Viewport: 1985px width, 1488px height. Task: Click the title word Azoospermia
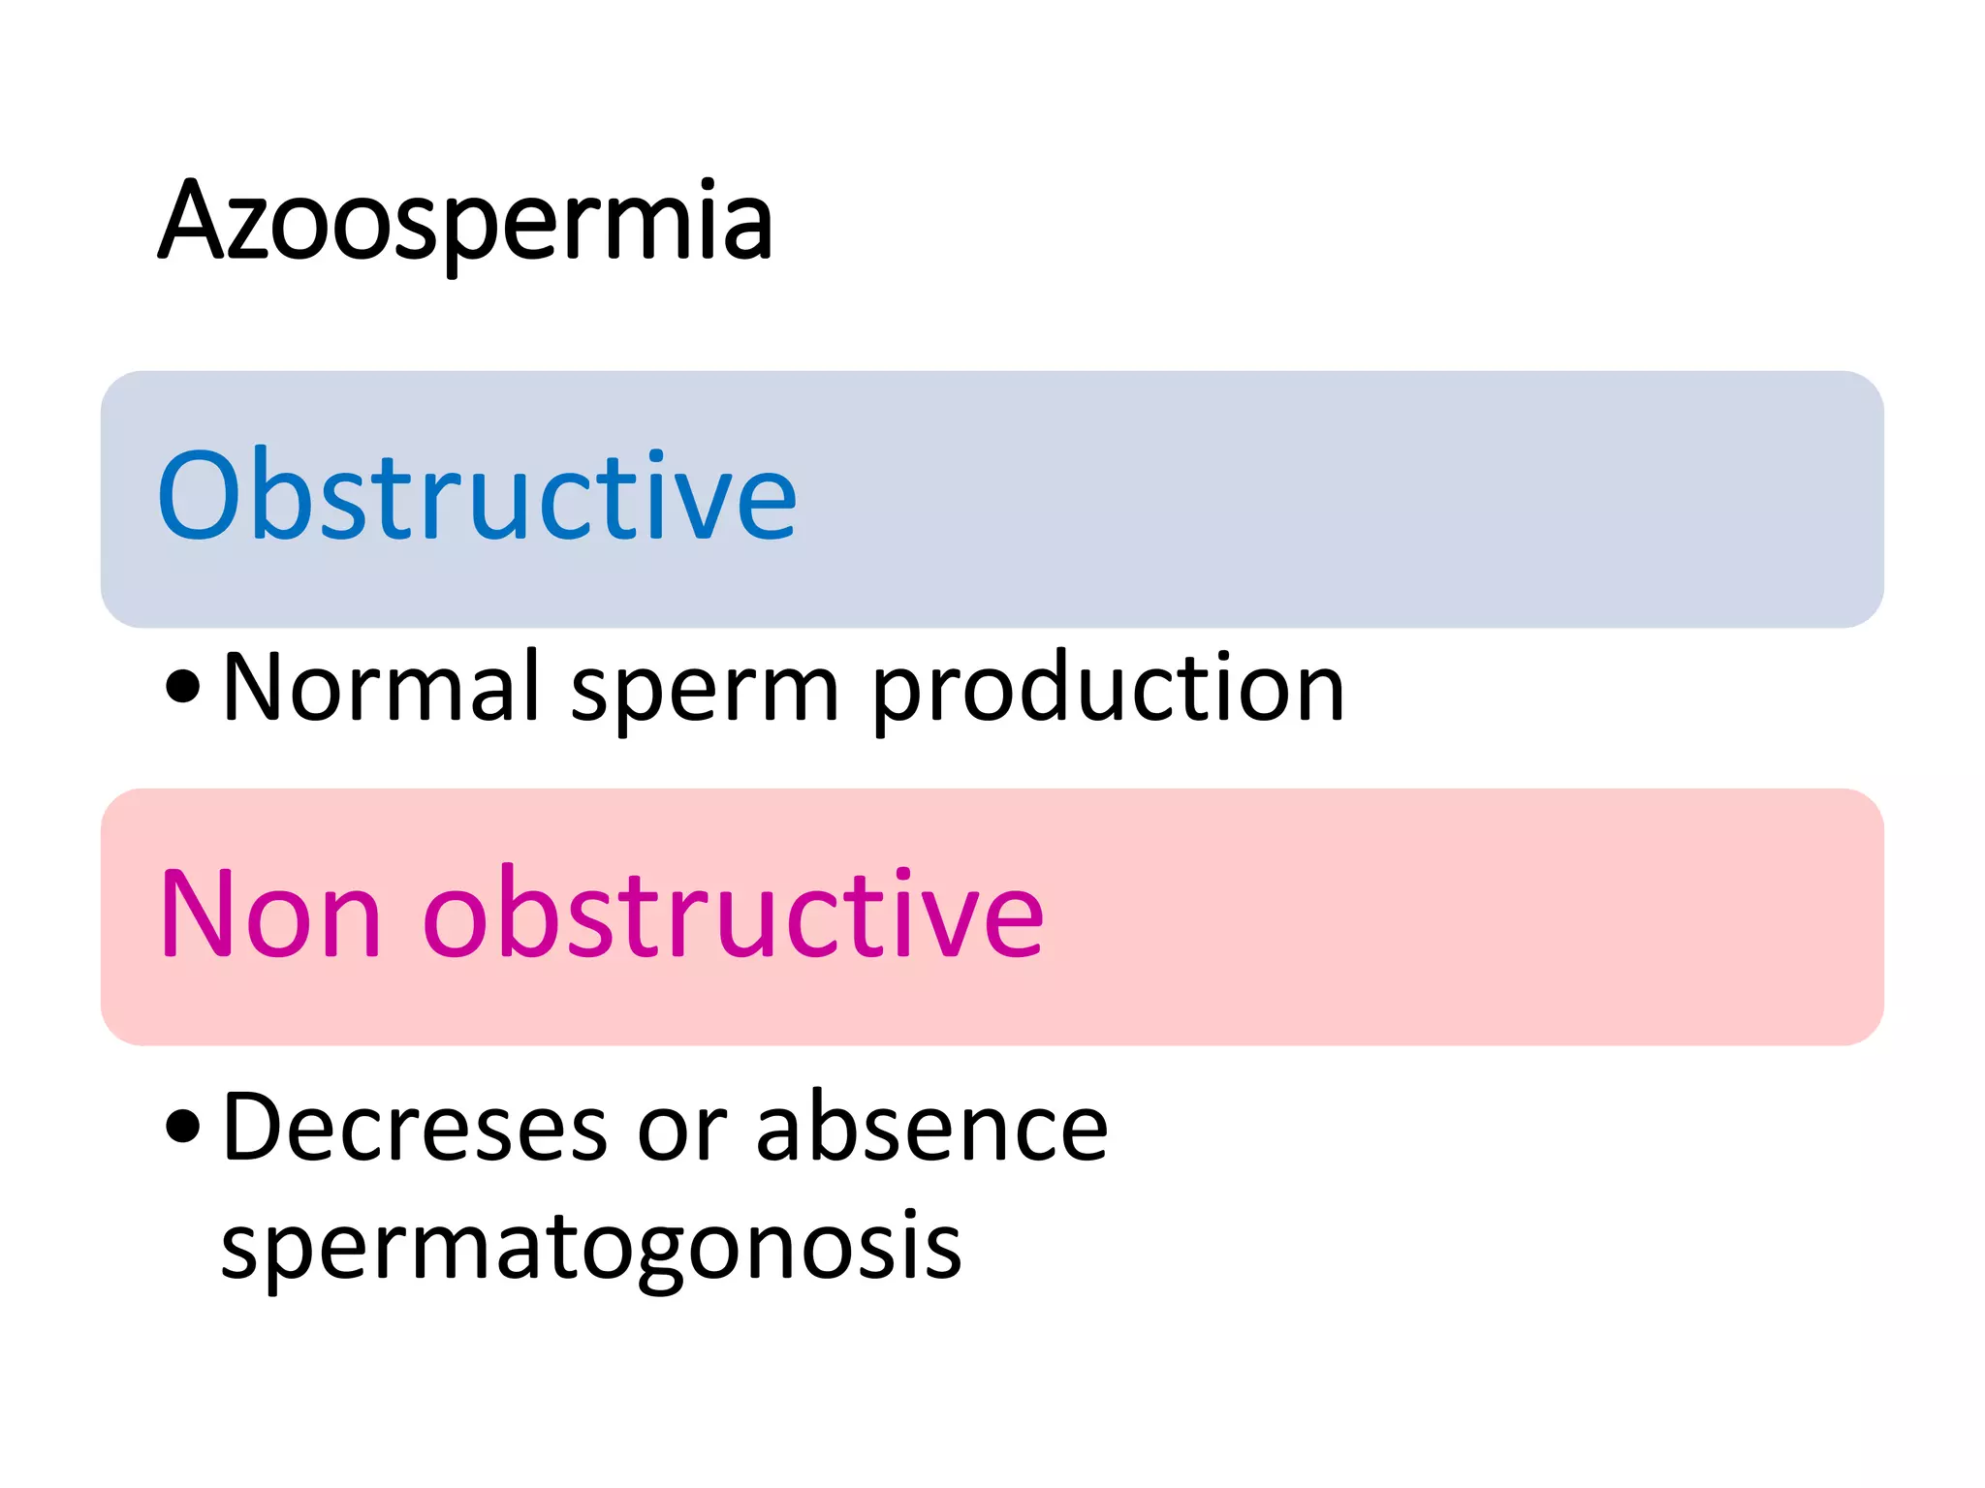click(x=465, y=223)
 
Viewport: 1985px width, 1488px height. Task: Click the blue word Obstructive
click(x=477, y=496)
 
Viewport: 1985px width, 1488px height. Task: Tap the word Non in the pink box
click(x=270, y=914)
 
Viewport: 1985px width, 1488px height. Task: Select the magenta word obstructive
click(x=734, y=914)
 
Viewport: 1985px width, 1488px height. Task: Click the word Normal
click(x=381, y=687)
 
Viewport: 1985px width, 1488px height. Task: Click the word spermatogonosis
click(x=591, y=1248)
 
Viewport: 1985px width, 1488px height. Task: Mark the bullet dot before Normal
click(x=182, y=687)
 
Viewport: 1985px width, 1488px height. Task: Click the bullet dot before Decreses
click(x=182, y=1126)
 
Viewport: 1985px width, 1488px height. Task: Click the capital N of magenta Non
click(x=194, y=913)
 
